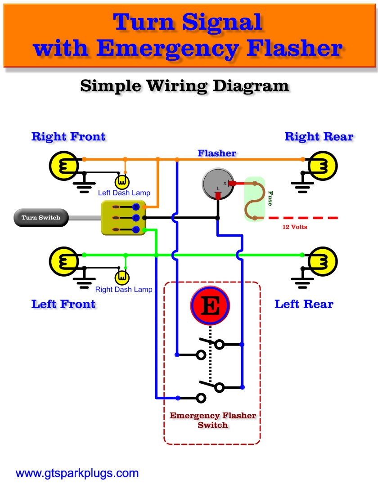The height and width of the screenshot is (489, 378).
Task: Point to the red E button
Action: coord(210,306)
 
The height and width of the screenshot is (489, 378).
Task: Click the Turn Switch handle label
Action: coord(40,218)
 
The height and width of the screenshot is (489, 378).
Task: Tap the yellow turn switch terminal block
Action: coord(121,218)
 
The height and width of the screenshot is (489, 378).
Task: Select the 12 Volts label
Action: coord(295,227)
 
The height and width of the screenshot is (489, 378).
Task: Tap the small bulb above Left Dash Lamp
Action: coord(122,182)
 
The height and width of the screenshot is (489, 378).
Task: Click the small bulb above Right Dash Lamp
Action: coord(122,278)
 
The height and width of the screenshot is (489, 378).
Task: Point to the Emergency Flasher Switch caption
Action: coord(212,420)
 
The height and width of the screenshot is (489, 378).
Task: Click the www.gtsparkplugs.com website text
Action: coord(77,473)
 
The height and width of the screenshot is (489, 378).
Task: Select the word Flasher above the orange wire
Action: coord(216,153)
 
